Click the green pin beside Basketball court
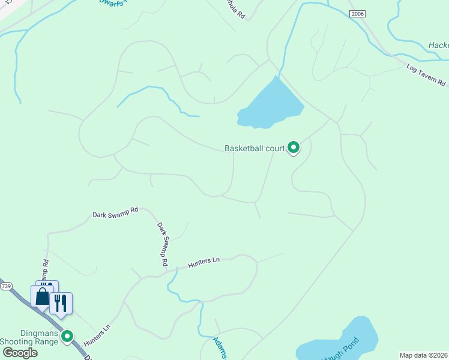294,147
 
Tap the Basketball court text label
254,148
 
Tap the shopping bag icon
43,296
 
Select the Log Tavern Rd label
426,74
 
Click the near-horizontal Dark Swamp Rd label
115,212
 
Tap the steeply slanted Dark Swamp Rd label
162,244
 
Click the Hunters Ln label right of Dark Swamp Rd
204,262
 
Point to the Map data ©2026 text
424,355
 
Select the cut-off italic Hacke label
438,46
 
